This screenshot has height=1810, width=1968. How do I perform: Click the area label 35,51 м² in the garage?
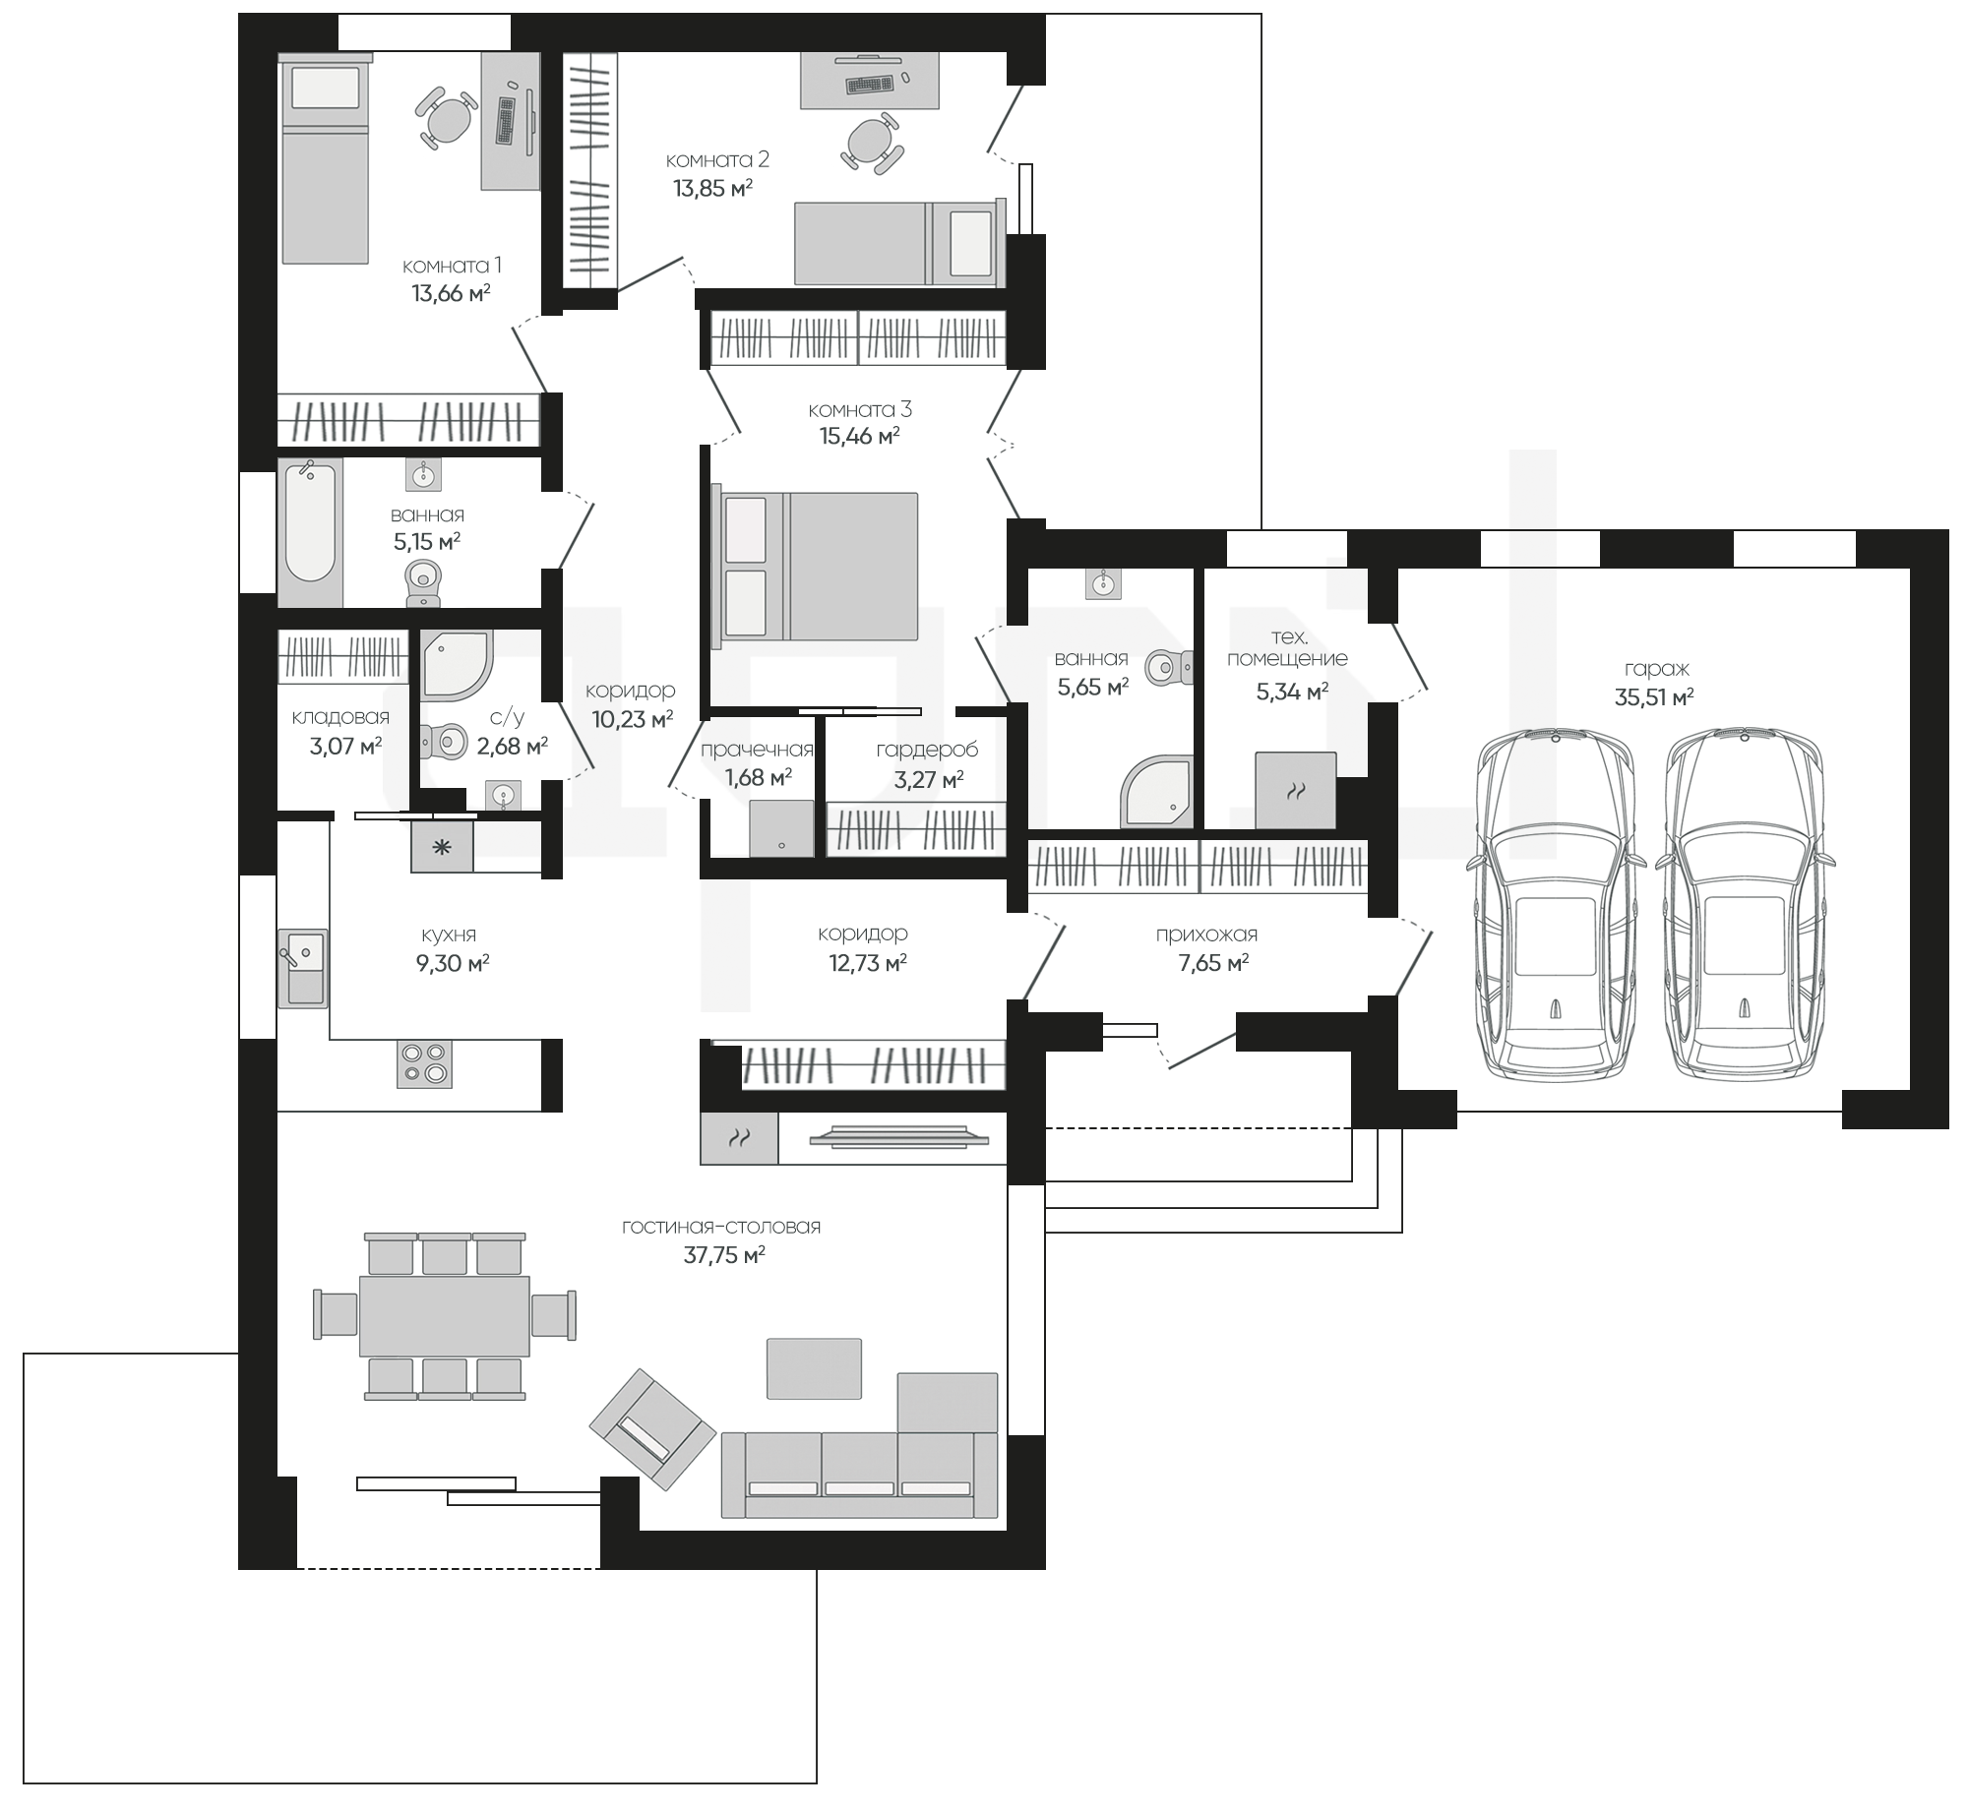pos(1654,697)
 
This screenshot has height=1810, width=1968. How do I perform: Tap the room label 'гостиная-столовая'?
pos(721,1227)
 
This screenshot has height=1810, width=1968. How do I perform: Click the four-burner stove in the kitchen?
pos(425,1063)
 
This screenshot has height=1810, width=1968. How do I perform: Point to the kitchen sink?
pos(302,968)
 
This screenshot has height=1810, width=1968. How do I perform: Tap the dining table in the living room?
pos(444,1315)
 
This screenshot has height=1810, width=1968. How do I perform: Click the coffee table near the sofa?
pos(814,1367)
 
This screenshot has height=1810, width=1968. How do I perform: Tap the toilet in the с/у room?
pos(443,741)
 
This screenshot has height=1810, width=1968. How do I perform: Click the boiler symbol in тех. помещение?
pos(1296,790)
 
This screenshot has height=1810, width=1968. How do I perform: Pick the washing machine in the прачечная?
pos(781,827)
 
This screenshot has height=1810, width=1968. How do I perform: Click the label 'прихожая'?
pos(1206,935)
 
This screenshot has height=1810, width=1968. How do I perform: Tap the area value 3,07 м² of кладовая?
pos(345,747)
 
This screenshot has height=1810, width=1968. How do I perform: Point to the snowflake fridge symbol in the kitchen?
pos(442,846)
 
